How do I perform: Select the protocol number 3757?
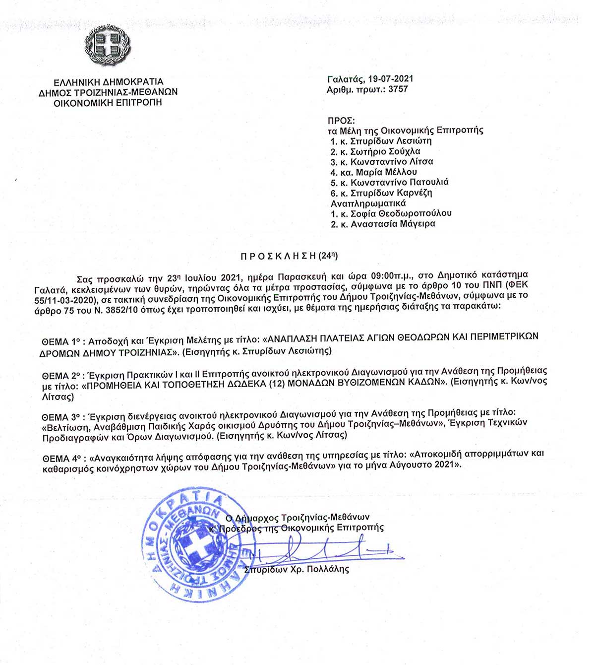[398, 89]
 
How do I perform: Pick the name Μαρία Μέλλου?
[386, 172]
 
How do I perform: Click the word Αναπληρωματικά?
[368, 203]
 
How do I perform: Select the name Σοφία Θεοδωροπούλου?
[401, 213]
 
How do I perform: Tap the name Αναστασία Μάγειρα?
[393, 224]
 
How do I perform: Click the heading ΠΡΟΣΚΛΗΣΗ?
[278, 256]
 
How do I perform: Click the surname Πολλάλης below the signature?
[328, 569]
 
